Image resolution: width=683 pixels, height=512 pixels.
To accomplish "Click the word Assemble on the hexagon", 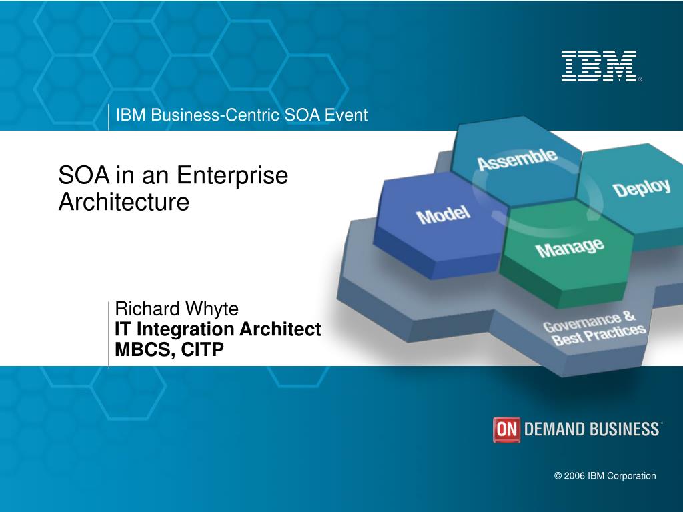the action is click(517, 159).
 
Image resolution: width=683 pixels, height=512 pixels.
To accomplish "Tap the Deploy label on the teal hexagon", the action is click(642, 188).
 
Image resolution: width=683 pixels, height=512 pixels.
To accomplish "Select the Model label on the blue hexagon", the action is click(443, 215).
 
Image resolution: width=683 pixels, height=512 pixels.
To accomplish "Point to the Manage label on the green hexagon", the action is click(570, 248).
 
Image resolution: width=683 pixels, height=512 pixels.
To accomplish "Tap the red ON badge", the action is click(506, 429).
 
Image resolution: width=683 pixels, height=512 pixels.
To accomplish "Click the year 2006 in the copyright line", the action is click(574, 476).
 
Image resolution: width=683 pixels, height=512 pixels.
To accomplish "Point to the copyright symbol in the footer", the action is click(558, 476).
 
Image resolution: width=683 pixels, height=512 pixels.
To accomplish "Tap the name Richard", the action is click(147, 309).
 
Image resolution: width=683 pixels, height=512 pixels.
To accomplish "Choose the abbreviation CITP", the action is click(203, 349).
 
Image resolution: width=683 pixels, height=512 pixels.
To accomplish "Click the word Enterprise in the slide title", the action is click(232, 175).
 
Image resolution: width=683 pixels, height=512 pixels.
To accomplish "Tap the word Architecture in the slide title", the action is click(124, 202).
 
